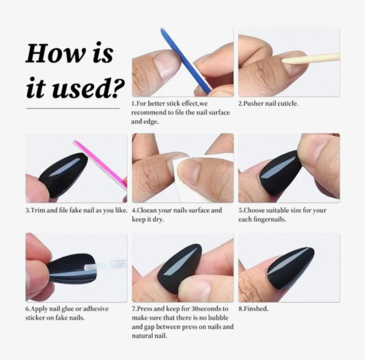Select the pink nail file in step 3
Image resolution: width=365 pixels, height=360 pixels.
(x=101, y=163)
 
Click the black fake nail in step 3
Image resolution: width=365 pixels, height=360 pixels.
(x=63, y=175)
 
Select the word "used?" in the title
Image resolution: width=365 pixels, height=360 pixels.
(x=88, y=88)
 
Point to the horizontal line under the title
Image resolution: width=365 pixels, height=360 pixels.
(x=73, y=108)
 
